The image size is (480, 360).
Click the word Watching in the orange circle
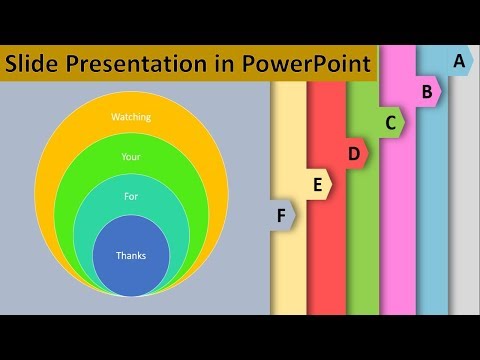click(131, 118)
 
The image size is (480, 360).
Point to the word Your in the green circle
click(131, 157)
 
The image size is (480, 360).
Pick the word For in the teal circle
click(131, 196)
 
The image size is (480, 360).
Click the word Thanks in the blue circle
click(131, 256)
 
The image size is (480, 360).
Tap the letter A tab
click(458, 61)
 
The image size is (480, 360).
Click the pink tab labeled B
click(426, 92)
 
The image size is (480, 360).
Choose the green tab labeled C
click(390, 123)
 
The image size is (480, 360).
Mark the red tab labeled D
click(354, 153)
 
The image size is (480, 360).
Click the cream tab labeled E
click(318, 184)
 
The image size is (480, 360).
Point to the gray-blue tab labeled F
click(282, 214)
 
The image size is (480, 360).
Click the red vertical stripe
click(326, 260)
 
